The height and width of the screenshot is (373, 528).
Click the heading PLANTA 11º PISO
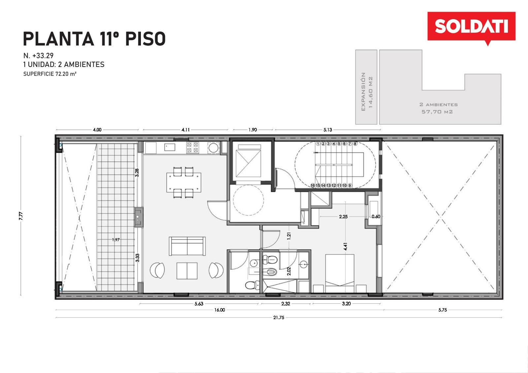click(94, 39)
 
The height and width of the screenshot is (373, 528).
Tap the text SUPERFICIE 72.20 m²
click(50, 74)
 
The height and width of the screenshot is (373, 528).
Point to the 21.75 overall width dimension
click(279, 317)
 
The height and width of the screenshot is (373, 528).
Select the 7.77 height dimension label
click(21, 216)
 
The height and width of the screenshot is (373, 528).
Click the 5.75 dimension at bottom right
click(443, 310)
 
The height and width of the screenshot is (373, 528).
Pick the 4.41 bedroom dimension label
click(345, 246)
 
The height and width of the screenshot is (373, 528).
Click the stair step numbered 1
click(318, 143)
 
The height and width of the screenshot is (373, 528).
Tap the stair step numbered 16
click(313, 185)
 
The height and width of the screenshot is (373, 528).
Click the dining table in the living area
click(183, 182)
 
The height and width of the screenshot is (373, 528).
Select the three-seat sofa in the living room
click(187, 246)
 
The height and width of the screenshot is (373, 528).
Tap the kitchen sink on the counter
click(170, 147)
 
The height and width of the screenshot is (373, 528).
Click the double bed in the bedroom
click(340, 273)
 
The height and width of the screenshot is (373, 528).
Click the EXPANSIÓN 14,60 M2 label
click(367, 91)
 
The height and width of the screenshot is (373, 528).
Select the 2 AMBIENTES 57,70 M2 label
click(439, 108)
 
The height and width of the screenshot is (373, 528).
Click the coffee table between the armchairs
click(187, 271)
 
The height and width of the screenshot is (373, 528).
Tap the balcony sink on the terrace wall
click(138, 217)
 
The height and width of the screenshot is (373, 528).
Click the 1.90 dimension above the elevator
click(253, 130)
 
